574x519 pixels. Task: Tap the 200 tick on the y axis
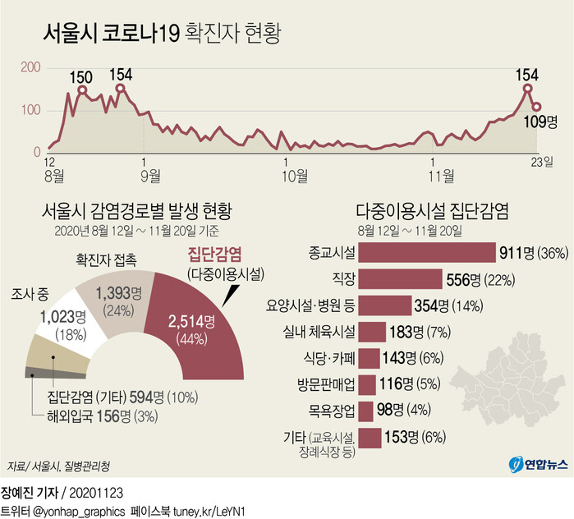pos(30,67)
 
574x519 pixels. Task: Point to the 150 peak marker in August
pos(81,91)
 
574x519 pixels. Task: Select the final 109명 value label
pos(546,122)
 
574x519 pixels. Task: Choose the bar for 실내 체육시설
pos(372,332)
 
